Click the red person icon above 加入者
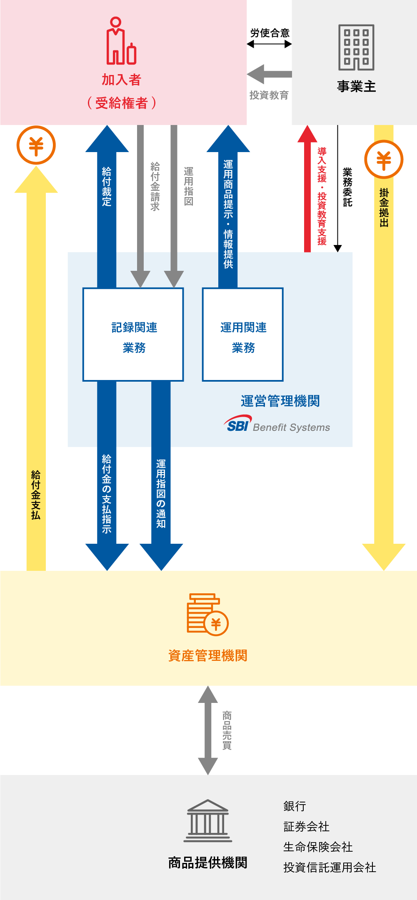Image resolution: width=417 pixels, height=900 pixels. point(121,41)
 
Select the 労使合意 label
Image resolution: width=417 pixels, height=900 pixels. point(270,33)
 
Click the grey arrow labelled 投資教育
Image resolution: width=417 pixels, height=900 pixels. point(270,75)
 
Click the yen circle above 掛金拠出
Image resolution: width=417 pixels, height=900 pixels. point(384,160)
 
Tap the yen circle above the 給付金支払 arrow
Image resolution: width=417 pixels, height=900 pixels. point(36,145)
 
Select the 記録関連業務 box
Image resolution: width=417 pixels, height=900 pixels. point(133,335)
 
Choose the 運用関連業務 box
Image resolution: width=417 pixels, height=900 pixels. point(243,335)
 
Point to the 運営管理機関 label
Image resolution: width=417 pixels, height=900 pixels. point(280,401)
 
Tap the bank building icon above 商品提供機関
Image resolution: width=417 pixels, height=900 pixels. point(207,820)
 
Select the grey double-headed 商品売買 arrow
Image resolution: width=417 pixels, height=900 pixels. point(208,730)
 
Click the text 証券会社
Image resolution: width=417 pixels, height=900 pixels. point(306,827)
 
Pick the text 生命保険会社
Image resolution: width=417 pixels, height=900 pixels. point(318,847)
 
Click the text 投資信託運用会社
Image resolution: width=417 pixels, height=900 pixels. point(330,867)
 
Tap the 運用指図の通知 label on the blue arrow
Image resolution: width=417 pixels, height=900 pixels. point(161,493)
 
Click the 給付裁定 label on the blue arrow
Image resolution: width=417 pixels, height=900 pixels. point(107,186)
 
